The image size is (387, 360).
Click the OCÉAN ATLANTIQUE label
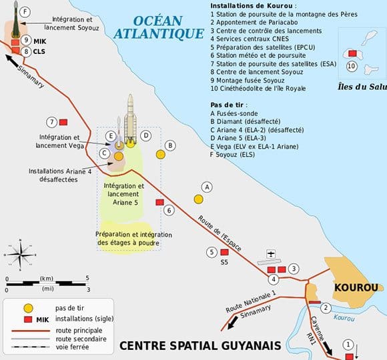point(158,26)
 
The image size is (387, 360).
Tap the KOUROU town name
point(357,287)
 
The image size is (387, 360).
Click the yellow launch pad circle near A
point(198,199)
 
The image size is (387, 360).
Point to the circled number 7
point(51,122)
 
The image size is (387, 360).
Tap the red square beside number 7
point(64,123)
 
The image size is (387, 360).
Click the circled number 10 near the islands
point(351,66)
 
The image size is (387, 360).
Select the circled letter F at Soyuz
point(25,12)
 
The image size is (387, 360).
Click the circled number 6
point(169,211)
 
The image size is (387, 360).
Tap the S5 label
point(224,263)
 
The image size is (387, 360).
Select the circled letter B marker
point(170,145)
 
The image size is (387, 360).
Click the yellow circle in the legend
point(28,309)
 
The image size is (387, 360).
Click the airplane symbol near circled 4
point(270,254)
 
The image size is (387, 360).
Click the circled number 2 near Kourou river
point(325,307)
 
